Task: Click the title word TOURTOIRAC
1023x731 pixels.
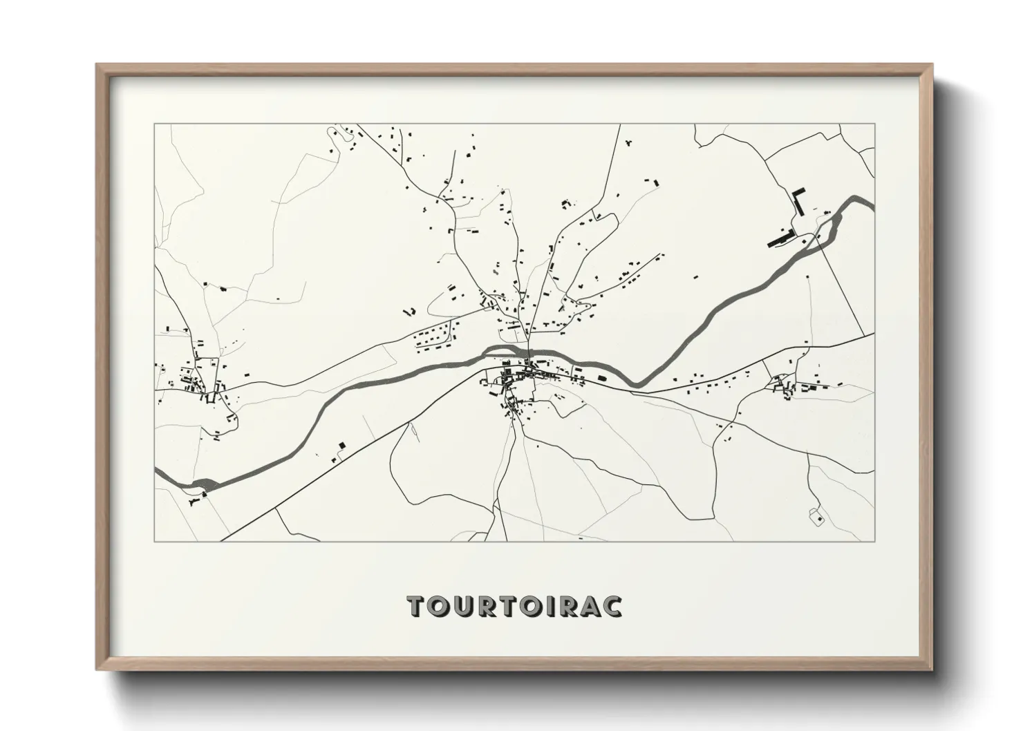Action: pyautogui.click(x=514, y=605)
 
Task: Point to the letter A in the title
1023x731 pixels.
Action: pyautogui.click(x=590, y=605)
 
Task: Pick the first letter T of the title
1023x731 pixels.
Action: pyautogui.click(x=417, y=605)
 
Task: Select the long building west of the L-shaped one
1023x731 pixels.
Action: pyautogui.click(x=779, y=238)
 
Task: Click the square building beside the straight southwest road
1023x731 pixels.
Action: pyautogui.click(x=341, y=446)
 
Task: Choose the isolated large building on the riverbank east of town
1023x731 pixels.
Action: pyautogui.click(x=601, y=378)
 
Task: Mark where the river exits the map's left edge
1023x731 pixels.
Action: pyautogui.click(x=156, y=471)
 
